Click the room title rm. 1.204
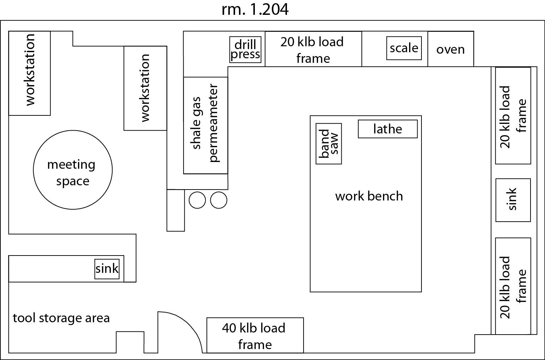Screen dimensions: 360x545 click(x=255, y=10)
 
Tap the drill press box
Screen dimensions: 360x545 click(x=245, y=49)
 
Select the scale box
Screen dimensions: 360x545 click(x=404, y=48)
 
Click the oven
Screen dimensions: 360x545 click(x=450, y=49)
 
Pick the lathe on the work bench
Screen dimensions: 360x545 click(x=388, y=129)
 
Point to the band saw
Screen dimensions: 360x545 click(x=329, y=144)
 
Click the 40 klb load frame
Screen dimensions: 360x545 click(x=255, y=335)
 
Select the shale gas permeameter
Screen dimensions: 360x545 click(x=205, y=125)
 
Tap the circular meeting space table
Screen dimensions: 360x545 click(x=73, y=170)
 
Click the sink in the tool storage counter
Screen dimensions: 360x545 click(x=107, y=269)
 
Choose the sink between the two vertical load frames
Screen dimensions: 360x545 click(x=513, y=200)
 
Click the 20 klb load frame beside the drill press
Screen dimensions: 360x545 click(x=313, y=49)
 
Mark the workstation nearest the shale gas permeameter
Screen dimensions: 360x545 click(x=145, y=88)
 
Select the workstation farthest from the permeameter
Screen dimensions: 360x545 click(x=30, y=73)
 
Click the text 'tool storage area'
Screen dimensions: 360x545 click(x=61, y=318)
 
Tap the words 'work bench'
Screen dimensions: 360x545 click(x=369, y=196)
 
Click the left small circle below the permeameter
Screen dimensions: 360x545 click(x=197, y=200)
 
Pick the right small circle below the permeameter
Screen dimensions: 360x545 click(x=218, y=200)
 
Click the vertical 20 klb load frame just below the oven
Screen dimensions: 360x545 click(x=513, y=116)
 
